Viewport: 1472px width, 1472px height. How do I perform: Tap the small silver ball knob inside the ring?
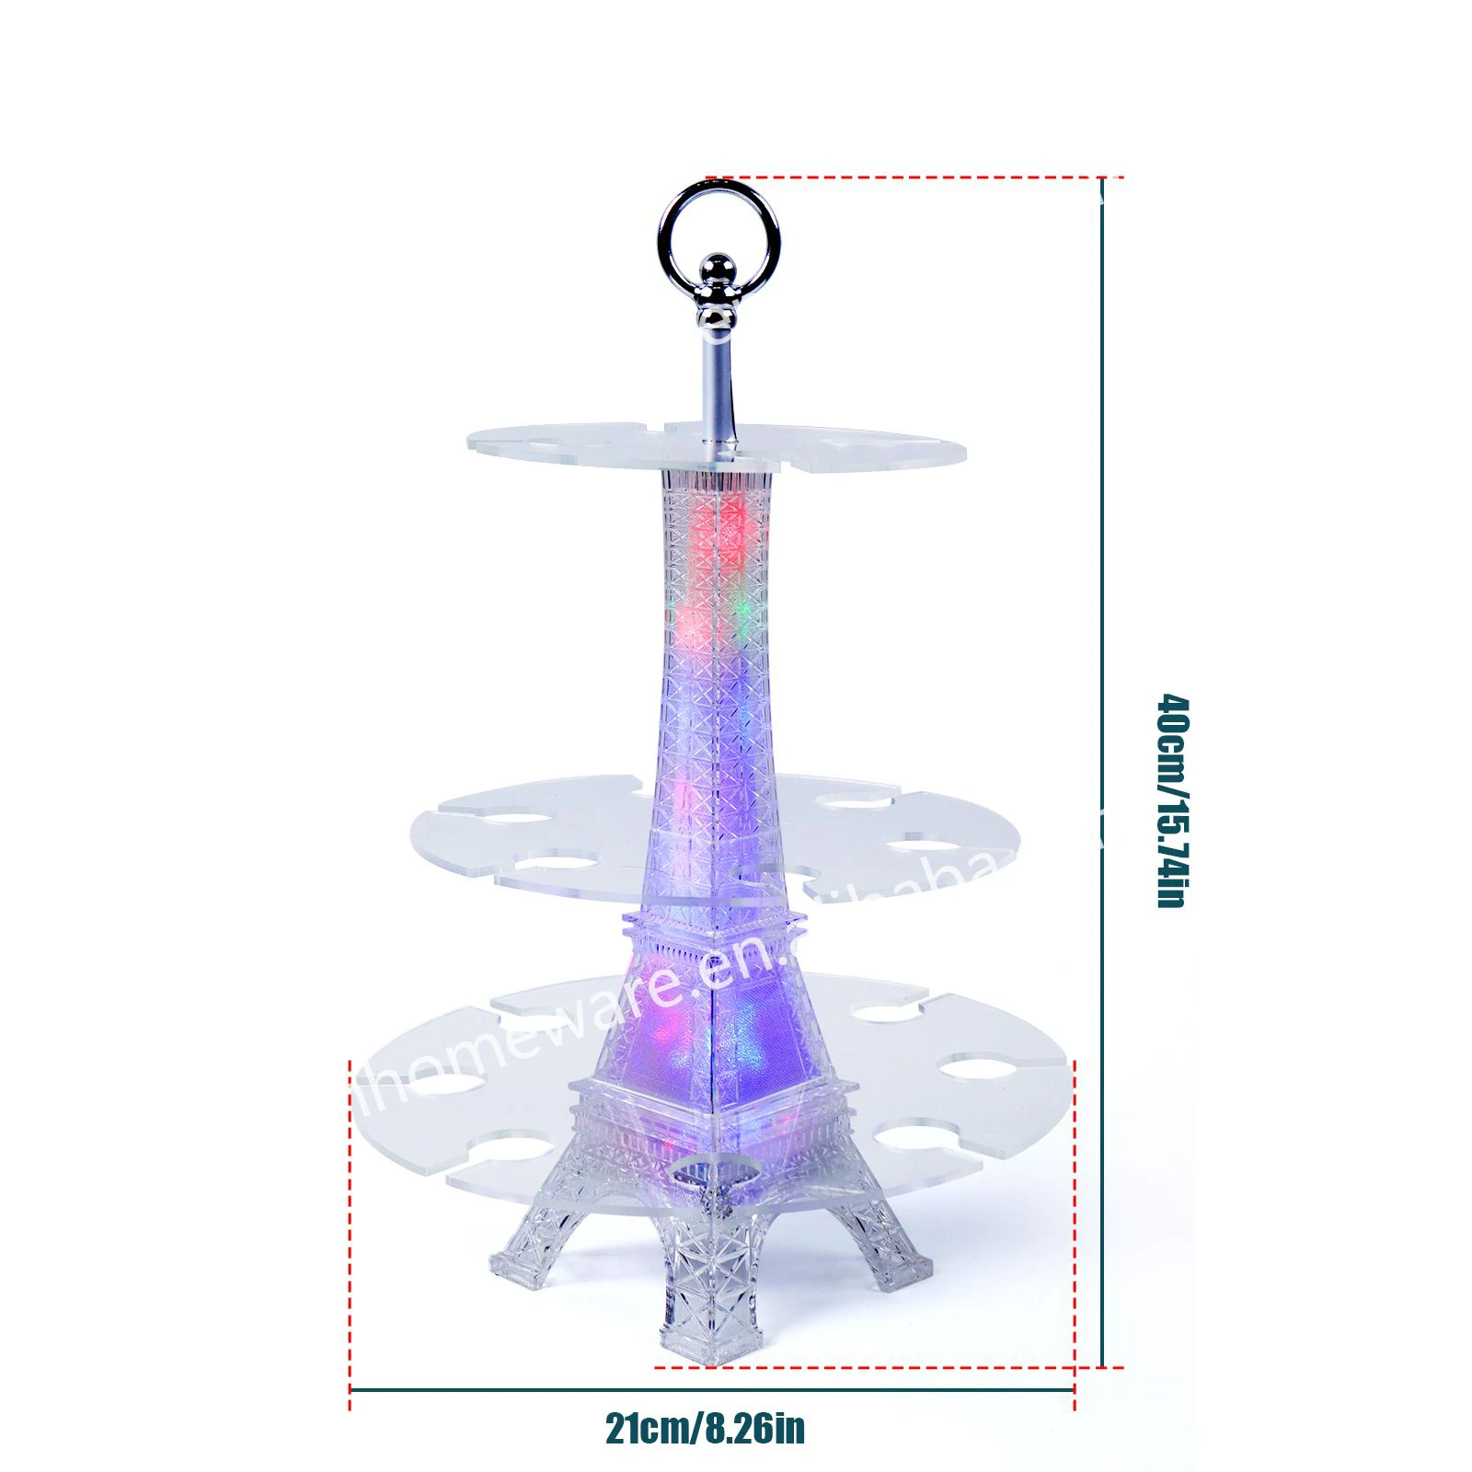[x=718, y=270]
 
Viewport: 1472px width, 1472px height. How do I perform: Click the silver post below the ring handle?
[x=717, y=386]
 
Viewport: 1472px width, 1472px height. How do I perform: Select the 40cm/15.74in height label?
[x=1173, y=800]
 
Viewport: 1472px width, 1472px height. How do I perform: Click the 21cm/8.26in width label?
[x=705, y=1429]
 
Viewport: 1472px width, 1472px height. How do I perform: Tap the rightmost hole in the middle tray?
[x=929, y=844]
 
